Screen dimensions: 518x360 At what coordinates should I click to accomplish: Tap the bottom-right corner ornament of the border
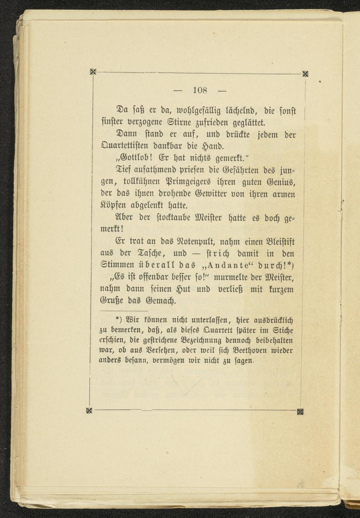(300, 411)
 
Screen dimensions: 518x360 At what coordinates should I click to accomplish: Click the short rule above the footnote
(124, 311)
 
